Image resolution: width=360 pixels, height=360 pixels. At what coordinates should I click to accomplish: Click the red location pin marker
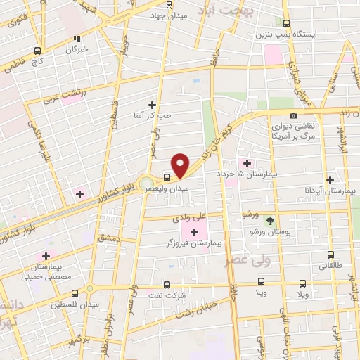tap(181, 166)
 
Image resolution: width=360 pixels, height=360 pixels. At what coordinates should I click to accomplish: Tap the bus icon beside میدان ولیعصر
tap(167, 177)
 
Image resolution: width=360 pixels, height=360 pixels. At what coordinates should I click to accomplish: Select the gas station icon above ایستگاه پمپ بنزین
tap(285, 22)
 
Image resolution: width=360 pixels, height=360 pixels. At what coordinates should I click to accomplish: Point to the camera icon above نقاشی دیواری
tap(293, 115)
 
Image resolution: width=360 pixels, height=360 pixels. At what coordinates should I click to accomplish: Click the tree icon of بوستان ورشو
tap(270, 219)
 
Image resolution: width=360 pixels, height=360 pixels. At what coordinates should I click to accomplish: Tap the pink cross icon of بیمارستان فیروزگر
tap(194, 231)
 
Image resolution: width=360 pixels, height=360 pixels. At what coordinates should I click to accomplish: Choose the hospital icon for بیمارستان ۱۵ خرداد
tap(246, 163)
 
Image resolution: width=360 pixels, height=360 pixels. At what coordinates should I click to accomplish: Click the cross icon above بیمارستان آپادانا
tap(330, 180)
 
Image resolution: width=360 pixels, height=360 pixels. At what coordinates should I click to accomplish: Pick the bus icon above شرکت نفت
tap(167, 285)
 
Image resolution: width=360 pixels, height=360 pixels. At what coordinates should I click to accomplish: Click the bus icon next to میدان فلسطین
tap(89, 288)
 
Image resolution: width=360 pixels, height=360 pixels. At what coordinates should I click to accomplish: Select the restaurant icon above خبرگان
tap(77, 39)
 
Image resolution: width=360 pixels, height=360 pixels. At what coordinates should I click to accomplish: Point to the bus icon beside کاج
tap(37, 51)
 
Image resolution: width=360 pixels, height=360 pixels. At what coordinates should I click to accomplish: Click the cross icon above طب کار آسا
tap(152, 104)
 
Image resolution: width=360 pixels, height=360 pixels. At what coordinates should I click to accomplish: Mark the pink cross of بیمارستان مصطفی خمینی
tap(47, 256)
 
